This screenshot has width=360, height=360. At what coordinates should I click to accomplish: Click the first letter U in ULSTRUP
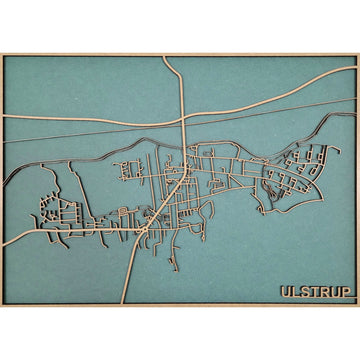pyautogui.click(x=285, y=292)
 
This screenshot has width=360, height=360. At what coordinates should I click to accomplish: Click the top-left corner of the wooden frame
pyautogui.click(x=2, y=54)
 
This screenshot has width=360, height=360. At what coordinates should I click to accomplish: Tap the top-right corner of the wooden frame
pyautogui.click(x=357, y=54)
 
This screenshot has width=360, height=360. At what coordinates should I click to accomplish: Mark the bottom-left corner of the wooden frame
pyautogui.click(x=2, y=305)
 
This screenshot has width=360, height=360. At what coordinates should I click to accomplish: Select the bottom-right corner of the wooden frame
pyautogui.click(x=357, y=305)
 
